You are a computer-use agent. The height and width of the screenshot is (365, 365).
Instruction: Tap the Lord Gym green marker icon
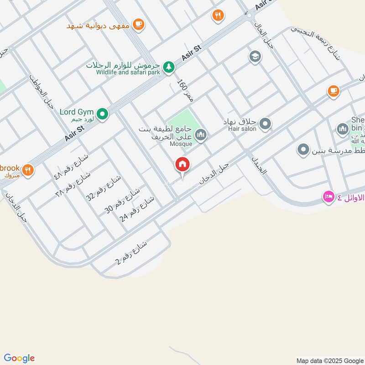103,114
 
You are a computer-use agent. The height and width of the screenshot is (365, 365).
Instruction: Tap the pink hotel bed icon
328,197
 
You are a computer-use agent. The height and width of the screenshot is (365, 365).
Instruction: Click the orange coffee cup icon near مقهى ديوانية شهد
138,24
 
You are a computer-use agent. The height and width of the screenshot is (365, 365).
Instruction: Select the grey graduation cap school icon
254,57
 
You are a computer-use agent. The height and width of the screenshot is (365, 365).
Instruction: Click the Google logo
19,358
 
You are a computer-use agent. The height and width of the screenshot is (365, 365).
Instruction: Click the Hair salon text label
240,129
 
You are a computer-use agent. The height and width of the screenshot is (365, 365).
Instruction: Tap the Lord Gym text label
77,112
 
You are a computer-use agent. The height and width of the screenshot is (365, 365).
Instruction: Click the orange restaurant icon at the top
218,16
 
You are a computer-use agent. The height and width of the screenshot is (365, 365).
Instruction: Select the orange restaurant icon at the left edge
28,170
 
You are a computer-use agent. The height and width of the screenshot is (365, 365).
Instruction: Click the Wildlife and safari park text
128,72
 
